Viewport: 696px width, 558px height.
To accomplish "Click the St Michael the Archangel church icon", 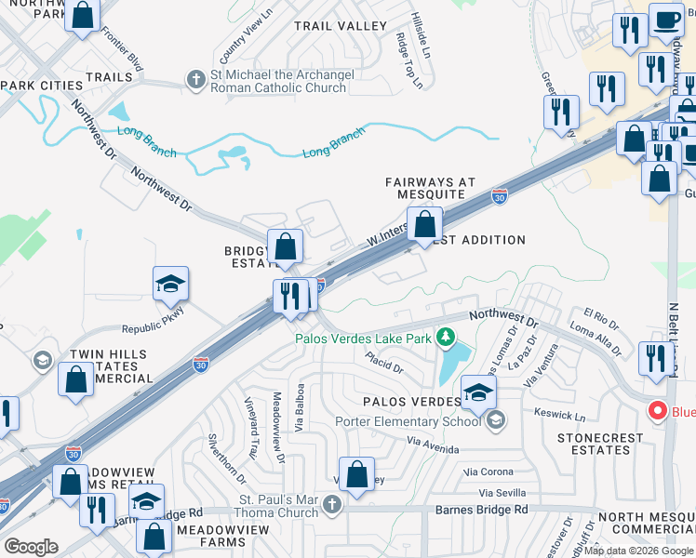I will click(196, 80).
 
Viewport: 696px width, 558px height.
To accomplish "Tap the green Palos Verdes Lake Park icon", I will click(448, 337).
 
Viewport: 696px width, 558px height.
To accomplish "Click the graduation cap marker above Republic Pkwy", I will click(171, 285).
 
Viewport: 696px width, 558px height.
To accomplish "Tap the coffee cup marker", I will click(665, 21).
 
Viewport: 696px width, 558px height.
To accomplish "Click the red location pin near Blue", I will click(657, 410).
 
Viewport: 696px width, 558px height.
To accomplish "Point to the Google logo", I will click(31, 546).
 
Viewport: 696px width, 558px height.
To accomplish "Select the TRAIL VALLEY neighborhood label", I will click(340, 26).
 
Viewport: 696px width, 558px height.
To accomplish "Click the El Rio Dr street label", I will click(600, 317).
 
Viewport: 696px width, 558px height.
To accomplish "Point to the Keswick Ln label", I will click(560, 411).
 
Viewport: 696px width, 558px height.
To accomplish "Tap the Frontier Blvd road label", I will click(122, 50).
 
